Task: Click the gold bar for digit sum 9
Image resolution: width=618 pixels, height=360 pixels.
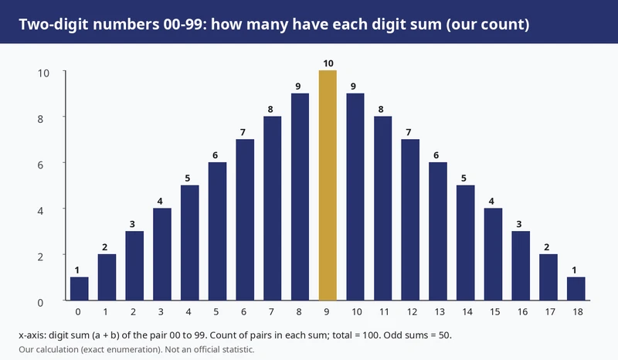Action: point(328,185)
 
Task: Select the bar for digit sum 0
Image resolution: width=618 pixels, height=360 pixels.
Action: point(80,289)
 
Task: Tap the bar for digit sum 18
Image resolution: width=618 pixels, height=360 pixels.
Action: point(576,289)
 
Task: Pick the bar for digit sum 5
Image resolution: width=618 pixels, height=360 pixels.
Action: point(217,232)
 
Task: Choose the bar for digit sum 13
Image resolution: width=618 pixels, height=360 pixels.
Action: point(438,232)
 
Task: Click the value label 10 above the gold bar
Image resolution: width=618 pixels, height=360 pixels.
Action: point(328,63)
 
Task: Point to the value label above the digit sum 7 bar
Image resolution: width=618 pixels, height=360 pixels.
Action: point(270,109)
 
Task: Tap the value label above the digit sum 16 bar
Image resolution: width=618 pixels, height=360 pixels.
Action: point(519,224)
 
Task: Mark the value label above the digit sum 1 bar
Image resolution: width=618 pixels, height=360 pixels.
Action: point(105,247)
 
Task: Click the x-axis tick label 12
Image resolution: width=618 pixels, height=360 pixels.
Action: point(413,312)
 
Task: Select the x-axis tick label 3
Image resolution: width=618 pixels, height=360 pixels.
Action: point(161,312)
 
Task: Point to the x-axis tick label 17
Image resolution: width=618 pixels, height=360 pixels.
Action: point(550,312)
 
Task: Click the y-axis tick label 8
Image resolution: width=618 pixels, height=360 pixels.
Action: point(40,119)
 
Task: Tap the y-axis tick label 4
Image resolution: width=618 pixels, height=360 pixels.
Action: point(40,211)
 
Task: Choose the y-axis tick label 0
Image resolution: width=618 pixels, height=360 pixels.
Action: point(40,303)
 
